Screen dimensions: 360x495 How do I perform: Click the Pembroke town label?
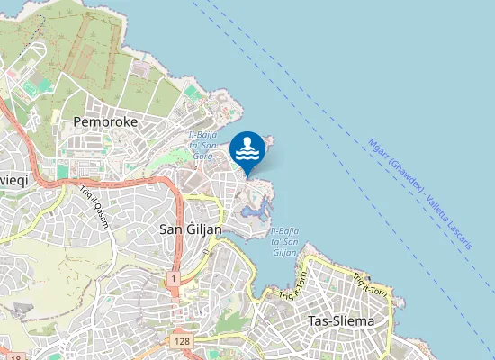tap(104, 120)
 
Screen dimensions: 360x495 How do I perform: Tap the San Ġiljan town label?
tap(190, 229)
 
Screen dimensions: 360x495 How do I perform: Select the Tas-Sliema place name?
tap(341, 320)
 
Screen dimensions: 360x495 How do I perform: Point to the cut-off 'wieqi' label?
tap(14, 179)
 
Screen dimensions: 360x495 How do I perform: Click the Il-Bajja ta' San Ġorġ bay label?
tap(202, 140)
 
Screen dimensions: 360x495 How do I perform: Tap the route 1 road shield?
tap(171, 279)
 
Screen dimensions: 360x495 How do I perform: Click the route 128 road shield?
tap(182, 342)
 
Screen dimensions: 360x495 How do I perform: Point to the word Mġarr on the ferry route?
tap(377, 148)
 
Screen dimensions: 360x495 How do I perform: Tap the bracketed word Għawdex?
tap(401, 174)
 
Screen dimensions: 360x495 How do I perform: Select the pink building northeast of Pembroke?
tap(142, 67)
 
